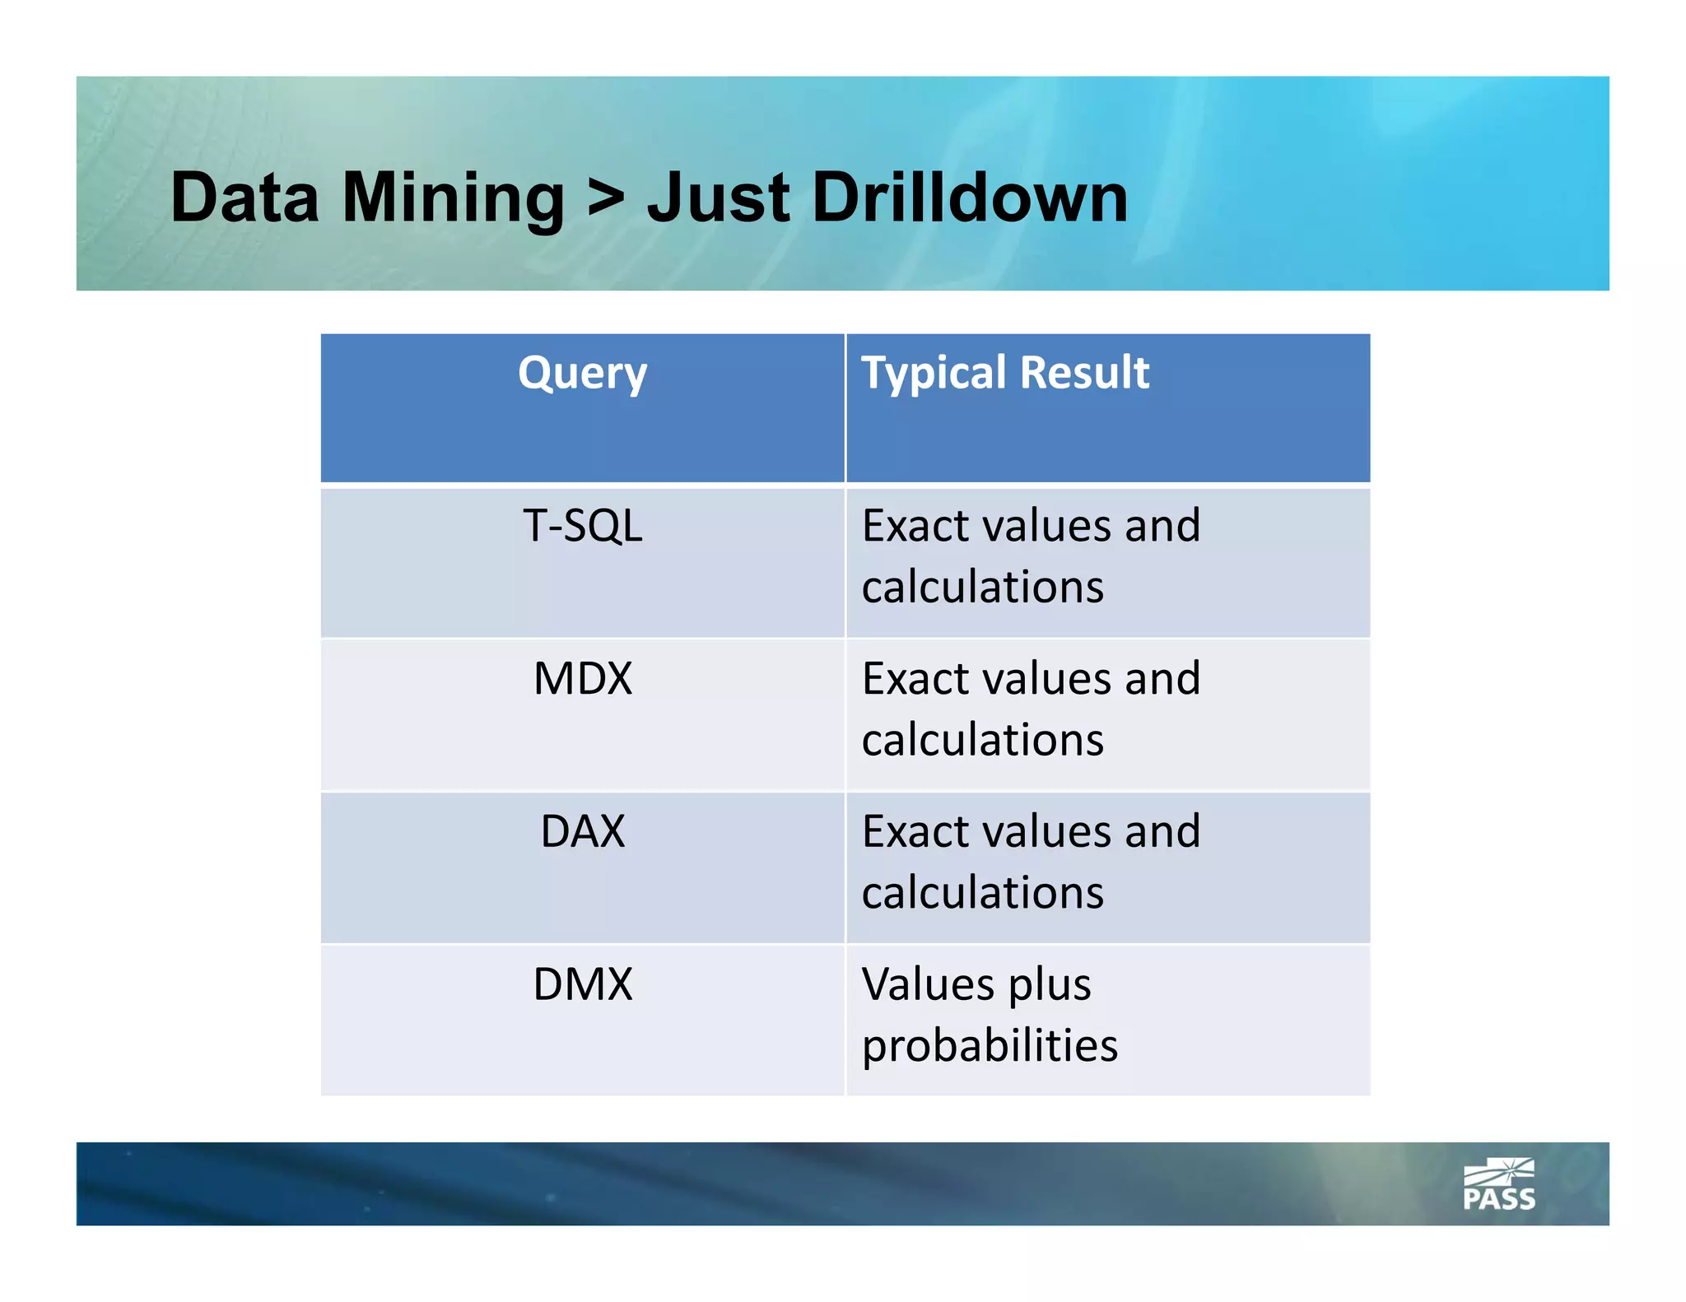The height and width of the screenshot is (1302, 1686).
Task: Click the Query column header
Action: pyautogui.click(x=582, y=373)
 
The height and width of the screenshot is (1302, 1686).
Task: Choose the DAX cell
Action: pyautogui.click(x=582, y=831)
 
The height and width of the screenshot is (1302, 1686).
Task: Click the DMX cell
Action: pyautogui.click(x=582, y=983)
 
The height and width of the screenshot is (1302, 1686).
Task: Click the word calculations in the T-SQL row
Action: pyautogui.click(x=982, y=587)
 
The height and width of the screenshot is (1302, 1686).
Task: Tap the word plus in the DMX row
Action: pyautogui.click(x=1049, y=985)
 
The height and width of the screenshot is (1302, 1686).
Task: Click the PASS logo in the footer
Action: pyautogui.click(x=1498, y=1185)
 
